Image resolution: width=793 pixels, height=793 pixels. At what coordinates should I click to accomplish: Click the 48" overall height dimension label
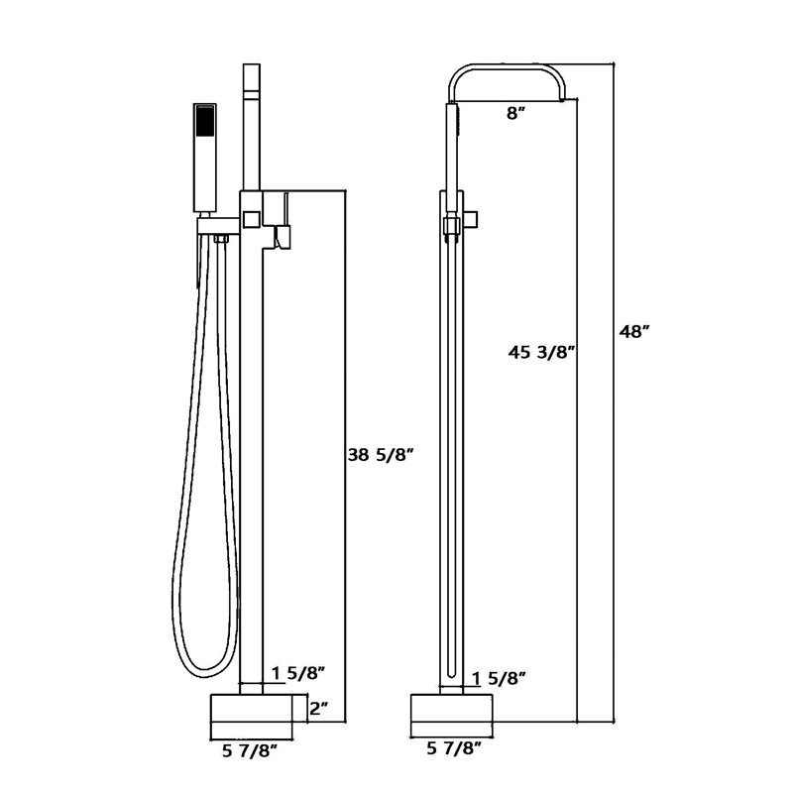click(x=634, y=332)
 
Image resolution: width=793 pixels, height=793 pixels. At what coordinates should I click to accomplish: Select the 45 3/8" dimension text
click(x=541, y=352)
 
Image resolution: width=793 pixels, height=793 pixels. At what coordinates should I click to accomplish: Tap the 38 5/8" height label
click(x=382, y=456)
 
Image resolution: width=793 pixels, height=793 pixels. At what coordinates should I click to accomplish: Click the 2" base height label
click(x=318, y=709)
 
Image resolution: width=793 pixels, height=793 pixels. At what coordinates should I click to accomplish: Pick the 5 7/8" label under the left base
click(x=251, y=751)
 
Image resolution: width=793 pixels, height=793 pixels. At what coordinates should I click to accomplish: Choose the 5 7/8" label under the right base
click(x=453, y=747)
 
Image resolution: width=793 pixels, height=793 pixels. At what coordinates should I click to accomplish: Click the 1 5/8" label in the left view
click(x=297, y=674)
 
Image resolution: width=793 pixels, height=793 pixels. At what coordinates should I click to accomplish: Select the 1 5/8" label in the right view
click(x=499, y=678)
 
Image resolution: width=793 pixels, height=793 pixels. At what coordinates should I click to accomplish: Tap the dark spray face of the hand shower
click(x=205, y=123)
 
